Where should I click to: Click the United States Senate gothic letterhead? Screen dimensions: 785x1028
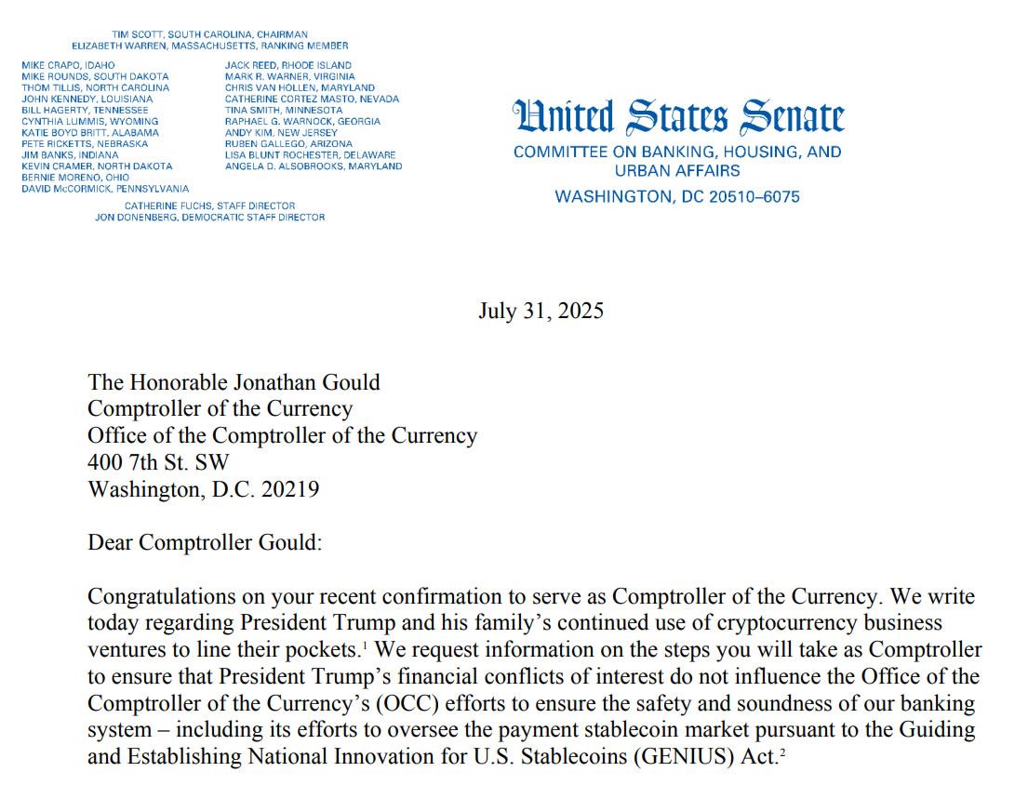(x=678, y=118)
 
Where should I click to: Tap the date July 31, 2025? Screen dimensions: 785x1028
(x=541, y=311)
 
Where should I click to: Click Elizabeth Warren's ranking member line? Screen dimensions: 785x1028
(x=210, y=46)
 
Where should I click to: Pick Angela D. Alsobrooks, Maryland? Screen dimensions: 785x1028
(x=314, y=166)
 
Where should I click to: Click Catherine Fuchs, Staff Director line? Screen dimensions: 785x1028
(x=209, y=206)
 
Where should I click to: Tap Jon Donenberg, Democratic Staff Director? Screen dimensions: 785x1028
(x=209, y=217)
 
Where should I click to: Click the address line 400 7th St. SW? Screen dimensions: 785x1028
(x=158, y=461)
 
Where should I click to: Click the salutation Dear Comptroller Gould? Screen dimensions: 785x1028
(x=205, y=542)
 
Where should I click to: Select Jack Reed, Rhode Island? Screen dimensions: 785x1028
(x=288, y=65)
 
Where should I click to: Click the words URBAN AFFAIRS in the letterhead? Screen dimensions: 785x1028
(x=677, y=171)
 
